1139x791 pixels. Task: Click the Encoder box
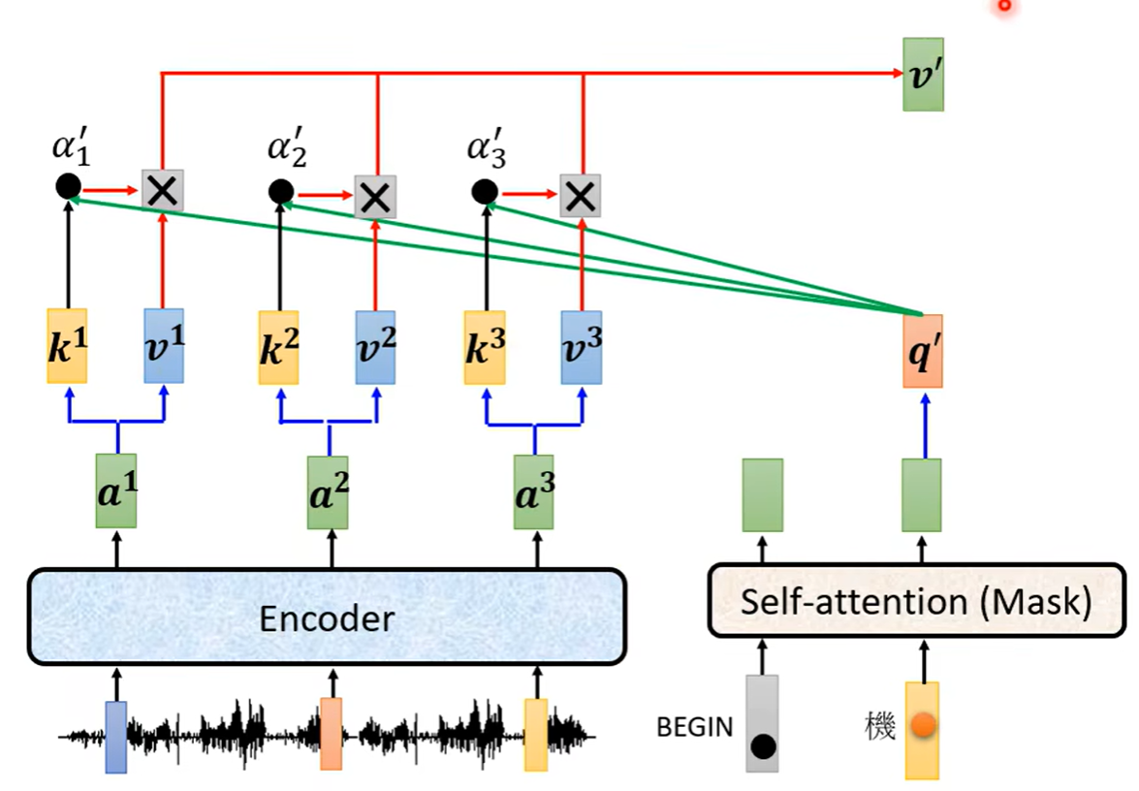pos(326,616)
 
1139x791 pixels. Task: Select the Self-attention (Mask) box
pos(916,601)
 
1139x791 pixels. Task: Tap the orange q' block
pos(922,350)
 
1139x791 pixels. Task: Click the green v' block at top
pos(923,74)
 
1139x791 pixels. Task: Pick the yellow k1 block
pos(68,345)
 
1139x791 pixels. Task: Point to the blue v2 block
pos(375,346)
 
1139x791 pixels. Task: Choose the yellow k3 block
pos(484,346)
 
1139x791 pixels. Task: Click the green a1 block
pos(116,490)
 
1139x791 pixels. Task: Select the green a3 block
pos(533,490)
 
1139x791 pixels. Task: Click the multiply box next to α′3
pos(581,196)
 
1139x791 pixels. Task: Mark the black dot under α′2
pos(281,192)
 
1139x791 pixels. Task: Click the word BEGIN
pos(694,727)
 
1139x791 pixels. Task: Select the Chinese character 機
pos(880,725)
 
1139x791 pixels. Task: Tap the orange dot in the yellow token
pos(923,724)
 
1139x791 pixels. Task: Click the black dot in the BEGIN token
pos(763,747)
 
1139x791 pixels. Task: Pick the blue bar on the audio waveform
pos(116,737)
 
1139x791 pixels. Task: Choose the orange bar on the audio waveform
pos(332,734)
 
